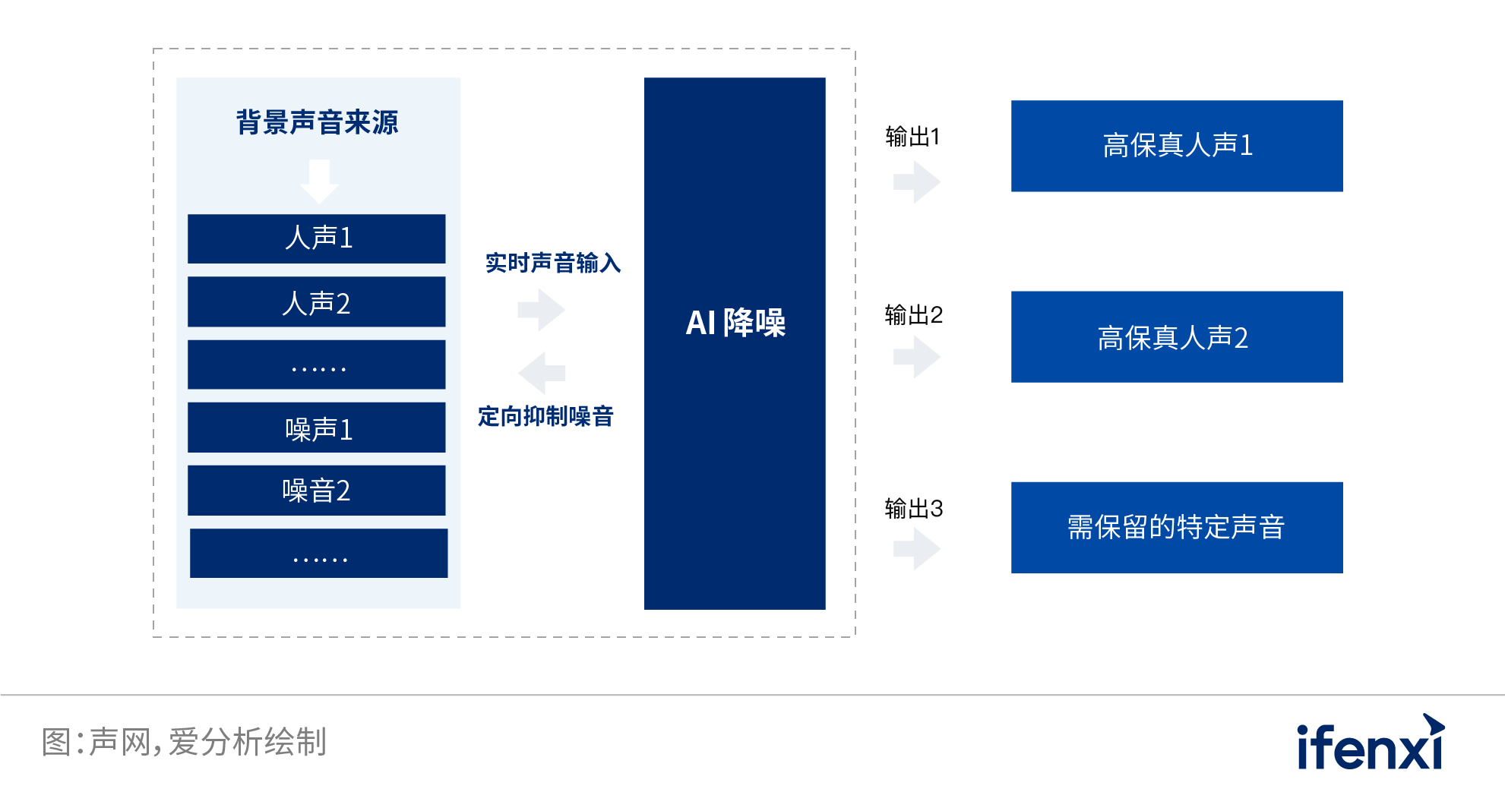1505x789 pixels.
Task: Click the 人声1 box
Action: (317, 238)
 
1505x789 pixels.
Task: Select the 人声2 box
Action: (317, 302)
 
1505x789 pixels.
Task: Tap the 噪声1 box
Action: (317, 428)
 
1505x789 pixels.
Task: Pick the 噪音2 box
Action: (317, 491)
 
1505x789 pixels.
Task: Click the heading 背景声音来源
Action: (317, 122)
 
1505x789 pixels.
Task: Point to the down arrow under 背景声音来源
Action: (319, 181)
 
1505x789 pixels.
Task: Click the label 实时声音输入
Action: (553, 263)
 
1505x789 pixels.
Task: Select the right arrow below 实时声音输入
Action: (541, 309)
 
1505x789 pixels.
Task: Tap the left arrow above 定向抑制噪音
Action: (542, 373)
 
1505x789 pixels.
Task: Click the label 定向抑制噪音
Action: (545, 416)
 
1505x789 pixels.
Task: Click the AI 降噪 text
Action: (735, 323)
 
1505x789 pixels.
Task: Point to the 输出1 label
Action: (912, 137)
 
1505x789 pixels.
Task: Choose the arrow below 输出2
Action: (917, 357)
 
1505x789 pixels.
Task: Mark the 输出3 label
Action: (913, 509)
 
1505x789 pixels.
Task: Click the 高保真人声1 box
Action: (1177, 146)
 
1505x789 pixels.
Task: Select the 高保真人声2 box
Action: (1177, 337)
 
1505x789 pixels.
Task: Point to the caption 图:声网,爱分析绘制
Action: (184, 742)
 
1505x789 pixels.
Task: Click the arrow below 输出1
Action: (917, 182)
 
